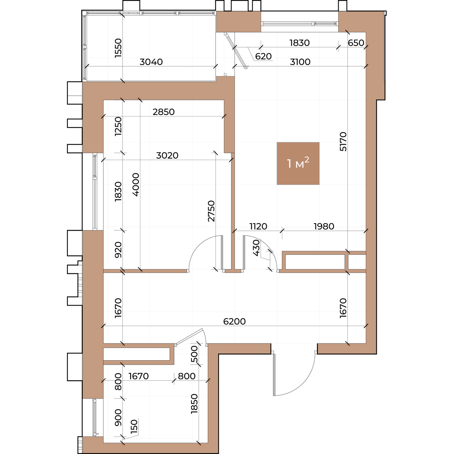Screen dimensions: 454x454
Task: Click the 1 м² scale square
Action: pos(298,163)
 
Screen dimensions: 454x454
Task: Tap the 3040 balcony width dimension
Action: pos(151,62)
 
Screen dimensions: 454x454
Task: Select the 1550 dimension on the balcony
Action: pos(118,48)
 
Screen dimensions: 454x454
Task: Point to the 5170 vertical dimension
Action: pos(343,141)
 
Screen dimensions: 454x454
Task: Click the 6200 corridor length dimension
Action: pos(235,321)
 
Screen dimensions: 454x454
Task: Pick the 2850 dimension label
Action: pos(163,112)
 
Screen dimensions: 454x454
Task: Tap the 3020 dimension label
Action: pos(167,155)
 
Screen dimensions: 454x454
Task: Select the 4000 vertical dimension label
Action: pos(136,185)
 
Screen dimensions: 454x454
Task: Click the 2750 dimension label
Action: pos(211,211)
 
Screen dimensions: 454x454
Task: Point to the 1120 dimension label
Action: pos(258,226)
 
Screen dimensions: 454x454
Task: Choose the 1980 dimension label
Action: pos(324,226)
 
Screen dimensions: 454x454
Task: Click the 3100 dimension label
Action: pos(300,62)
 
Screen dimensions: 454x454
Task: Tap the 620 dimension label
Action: pos(263,56)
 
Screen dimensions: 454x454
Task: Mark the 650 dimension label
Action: pos(356,43)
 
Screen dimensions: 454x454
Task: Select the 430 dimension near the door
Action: pos(256,247)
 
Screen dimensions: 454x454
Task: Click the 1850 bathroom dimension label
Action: pos(194,404)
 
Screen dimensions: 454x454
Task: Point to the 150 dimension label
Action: pos(134,427)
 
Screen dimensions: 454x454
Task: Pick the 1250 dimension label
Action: pos(118,126)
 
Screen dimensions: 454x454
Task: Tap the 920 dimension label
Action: pos(118,250)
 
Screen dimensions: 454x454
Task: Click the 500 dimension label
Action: pos(194,354)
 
